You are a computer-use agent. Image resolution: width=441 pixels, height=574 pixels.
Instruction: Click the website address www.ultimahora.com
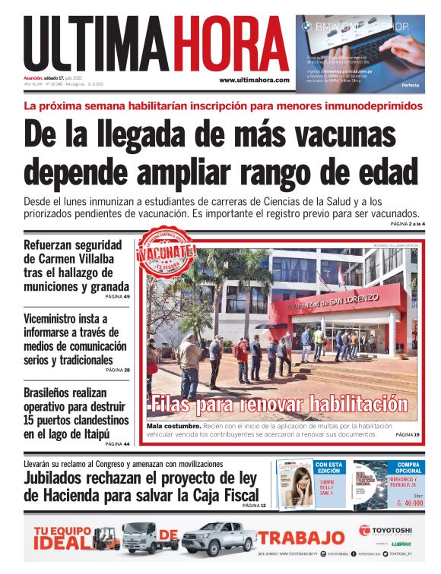tap(254, 80)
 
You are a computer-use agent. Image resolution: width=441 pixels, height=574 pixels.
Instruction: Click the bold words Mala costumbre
tap(173, 426)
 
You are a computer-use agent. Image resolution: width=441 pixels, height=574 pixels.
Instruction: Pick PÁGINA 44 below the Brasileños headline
tap(116, 443)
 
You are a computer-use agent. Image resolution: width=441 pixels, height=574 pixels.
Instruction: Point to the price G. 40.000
tap(409, 503)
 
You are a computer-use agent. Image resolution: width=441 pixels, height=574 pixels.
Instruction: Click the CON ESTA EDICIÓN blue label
tap(329, 468)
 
